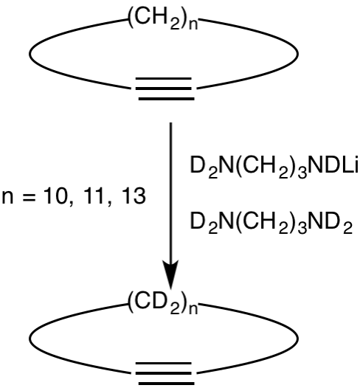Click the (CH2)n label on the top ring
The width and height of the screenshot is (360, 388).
tap(163, 19)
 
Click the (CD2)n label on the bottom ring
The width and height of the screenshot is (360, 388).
tap(163, 303)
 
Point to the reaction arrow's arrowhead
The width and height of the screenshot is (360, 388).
tap(170, 274)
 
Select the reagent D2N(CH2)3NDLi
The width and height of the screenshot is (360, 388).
tap(274, 166)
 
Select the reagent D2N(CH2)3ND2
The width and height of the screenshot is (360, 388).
tap(271, 222)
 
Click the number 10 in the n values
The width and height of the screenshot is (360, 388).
tap(54, 197)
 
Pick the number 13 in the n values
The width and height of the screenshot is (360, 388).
tap(133, 197)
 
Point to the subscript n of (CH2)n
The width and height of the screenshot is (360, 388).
tap(193, 25)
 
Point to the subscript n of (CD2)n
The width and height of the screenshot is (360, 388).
tap(193, 309)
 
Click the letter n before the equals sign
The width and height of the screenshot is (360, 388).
tap(7, 199)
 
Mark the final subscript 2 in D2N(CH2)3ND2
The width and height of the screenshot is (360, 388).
tap(347, 228)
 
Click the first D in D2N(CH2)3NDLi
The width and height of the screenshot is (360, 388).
tap(198, 164)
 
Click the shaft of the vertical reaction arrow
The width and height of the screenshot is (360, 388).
tap(170, 192)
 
